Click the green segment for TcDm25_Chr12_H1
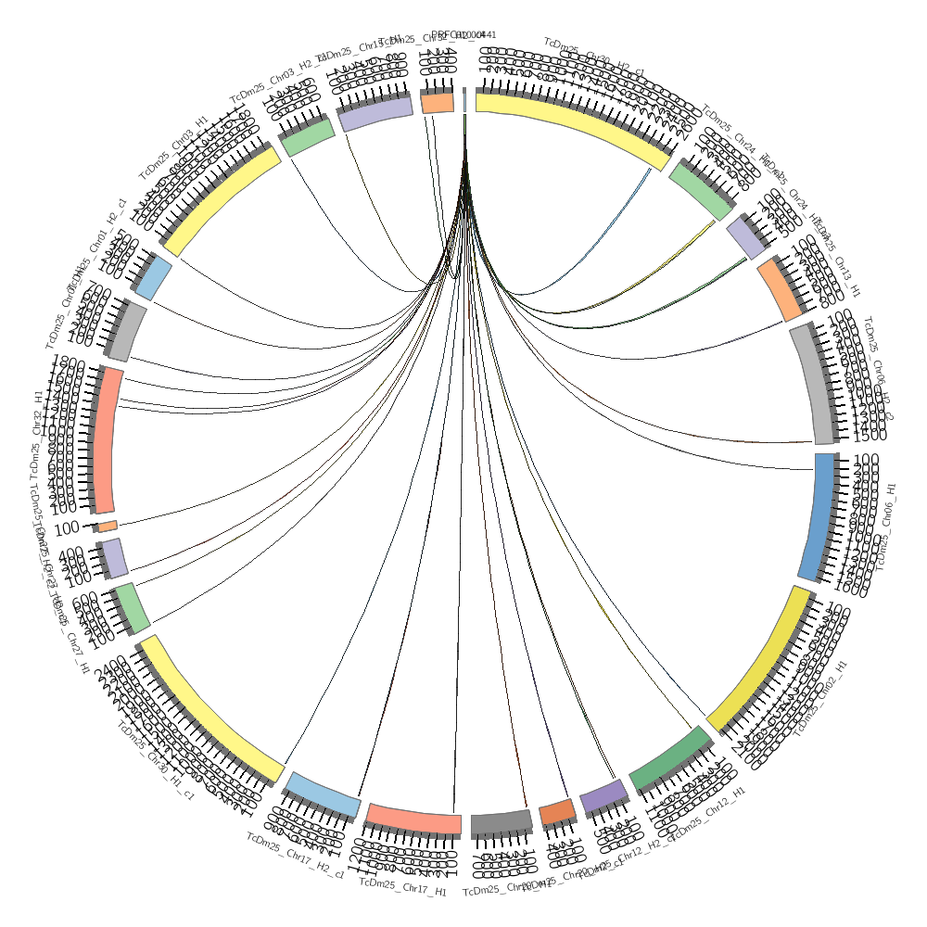click(670, 756)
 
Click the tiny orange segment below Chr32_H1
click(108, 526)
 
